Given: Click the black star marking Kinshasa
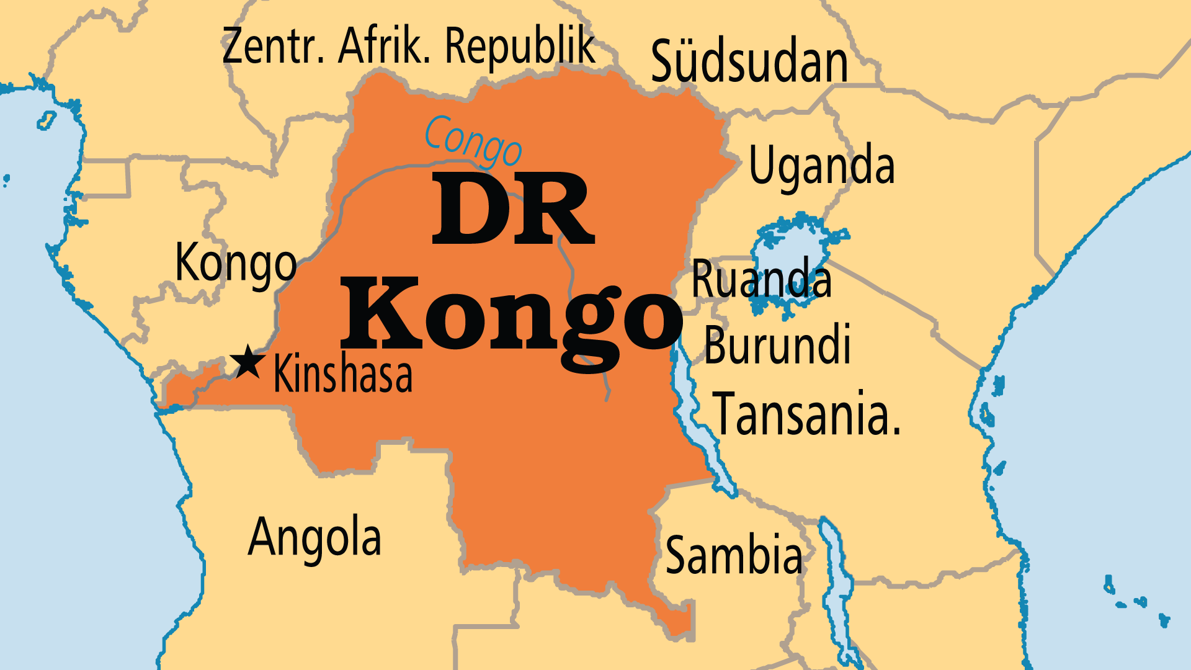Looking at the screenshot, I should point(248,362).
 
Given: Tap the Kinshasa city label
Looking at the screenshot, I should point(343,374).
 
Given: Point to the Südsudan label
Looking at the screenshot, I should point(749,62).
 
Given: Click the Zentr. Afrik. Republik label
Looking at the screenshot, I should point(409,47).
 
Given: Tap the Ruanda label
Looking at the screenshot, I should point(761,280).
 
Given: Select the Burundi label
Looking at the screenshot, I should point(777,346).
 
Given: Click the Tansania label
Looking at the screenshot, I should point(806,414).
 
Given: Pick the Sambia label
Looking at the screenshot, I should point(734,555).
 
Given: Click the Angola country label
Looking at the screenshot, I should point(314,537).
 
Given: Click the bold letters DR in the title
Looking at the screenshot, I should point(513,210).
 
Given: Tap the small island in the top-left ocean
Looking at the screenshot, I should point(47,120).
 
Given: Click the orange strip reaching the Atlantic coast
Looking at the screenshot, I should point(186,388).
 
